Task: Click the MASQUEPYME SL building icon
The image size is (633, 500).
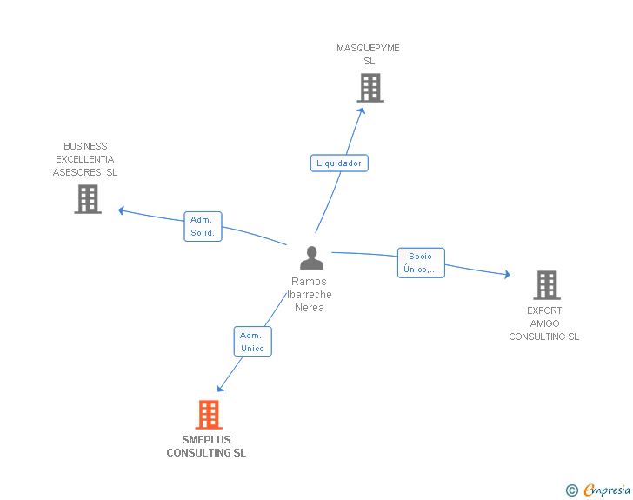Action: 370,88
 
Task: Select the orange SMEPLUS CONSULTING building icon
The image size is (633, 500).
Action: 208,415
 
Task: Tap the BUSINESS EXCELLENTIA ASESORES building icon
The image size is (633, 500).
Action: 88,199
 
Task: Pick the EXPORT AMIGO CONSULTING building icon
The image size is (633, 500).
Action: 546,285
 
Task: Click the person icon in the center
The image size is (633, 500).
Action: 311,257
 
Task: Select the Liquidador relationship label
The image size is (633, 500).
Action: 339,163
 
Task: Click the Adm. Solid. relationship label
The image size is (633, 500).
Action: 203,227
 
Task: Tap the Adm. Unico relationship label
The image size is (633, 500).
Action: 252,342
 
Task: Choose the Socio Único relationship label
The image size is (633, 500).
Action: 421,263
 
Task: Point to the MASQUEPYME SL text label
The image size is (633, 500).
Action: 369,55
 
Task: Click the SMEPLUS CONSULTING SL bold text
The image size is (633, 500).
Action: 206,446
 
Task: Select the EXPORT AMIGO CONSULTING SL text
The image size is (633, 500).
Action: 544,323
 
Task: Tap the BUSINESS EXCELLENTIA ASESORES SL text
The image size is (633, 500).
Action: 85,159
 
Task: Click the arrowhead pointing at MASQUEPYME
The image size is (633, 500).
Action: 362,111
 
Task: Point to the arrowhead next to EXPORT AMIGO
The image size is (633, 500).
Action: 506,275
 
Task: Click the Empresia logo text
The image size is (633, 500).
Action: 606,490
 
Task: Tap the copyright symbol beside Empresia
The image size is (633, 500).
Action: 572,491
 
